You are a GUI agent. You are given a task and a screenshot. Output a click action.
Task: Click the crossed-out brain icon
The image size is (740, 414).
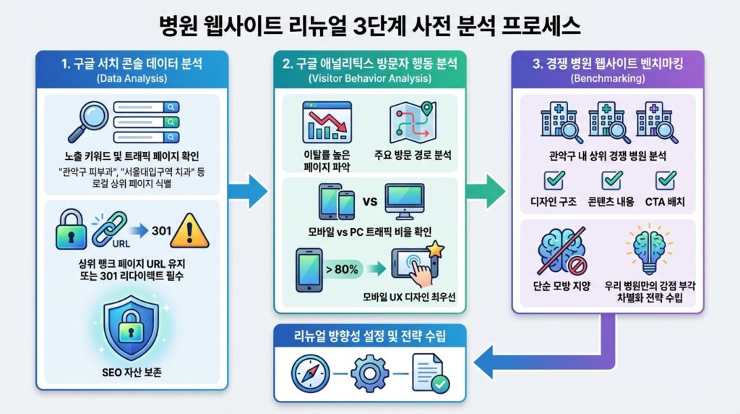[x=561, y=248]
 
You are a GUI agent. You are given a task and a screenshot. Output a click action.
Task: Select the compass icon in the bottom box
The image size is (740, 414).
[x=310, y=373]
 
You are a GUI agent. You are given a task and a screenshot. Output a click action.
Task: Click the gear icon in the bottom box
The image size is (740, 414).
[x=370, y=373]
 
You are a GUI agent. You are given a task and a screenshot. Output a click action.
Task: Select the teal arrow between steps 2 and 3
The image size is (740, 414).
[x=486, y=190]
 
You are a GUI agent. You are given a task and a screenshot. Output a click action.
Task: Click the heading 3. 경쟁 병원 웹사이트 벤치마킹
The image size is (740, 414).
[x=608, y=64]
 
